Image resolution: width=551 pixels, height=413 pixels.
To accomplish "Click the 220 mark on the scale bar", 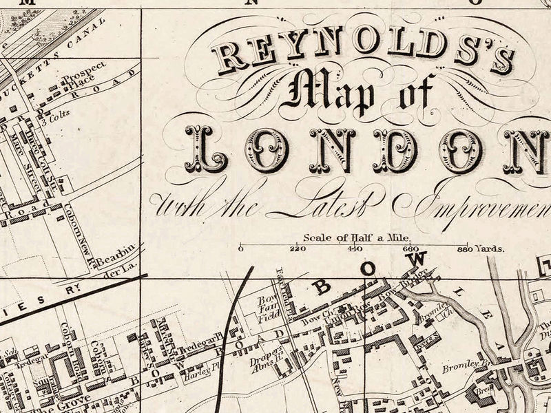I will coord(298,249).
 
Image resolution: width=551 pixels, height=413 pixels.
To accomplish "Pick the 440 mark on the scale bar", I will coord(355,249).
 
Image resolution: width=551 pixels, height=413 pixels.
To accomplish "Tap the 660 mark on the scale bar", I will coord(411,249).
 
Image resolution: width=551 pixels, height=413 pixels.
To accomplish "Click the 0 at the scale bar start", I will coord(240,249).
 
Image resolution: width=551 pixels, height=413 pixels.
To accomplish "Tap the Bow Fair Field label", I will coord(266,310).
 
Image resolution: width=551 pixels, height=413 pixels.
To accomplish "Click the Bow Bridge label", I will coord(414,282).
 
